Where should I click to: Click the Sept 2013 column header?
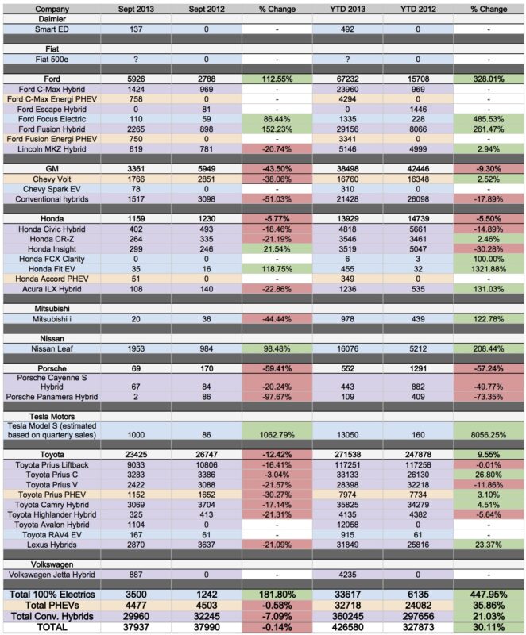point(136,9)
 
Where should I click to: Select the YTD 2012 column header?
point(418,9)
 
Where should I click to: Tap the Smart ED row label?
point(52,29)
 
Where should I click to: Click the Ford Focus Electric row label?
point(52,119)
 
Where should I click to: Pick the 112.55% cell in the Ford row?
point(277,79)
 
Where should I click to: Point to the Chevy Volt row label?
point(52,179)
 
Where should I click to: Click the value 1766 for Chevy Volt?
point(136,179)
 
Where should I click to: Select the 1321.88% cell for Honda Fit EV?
point(489,269)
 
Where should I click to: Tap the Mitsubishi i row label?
point(52,319)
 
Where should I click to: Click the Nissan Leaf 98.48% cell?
point(277,348)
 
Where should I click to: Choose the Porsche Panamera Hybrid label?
point(52,397)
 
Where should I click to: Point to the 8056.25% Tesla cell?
point(489,435)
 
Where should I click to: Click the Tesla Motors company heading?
point(52,416)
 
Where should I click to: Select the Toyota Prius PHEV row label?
point(52,495)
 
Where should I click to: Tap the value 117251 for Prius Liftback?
point(347,465)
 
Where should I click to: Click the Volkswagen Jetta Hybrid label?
point(52,575)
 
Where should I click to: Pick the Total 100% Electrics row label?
point(52,595)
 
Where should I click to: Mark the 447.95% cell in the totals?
point(489,595)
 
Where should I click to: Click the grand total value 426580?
point(347,627)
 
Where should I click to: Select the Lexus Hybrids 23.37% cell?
point(489,545)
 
